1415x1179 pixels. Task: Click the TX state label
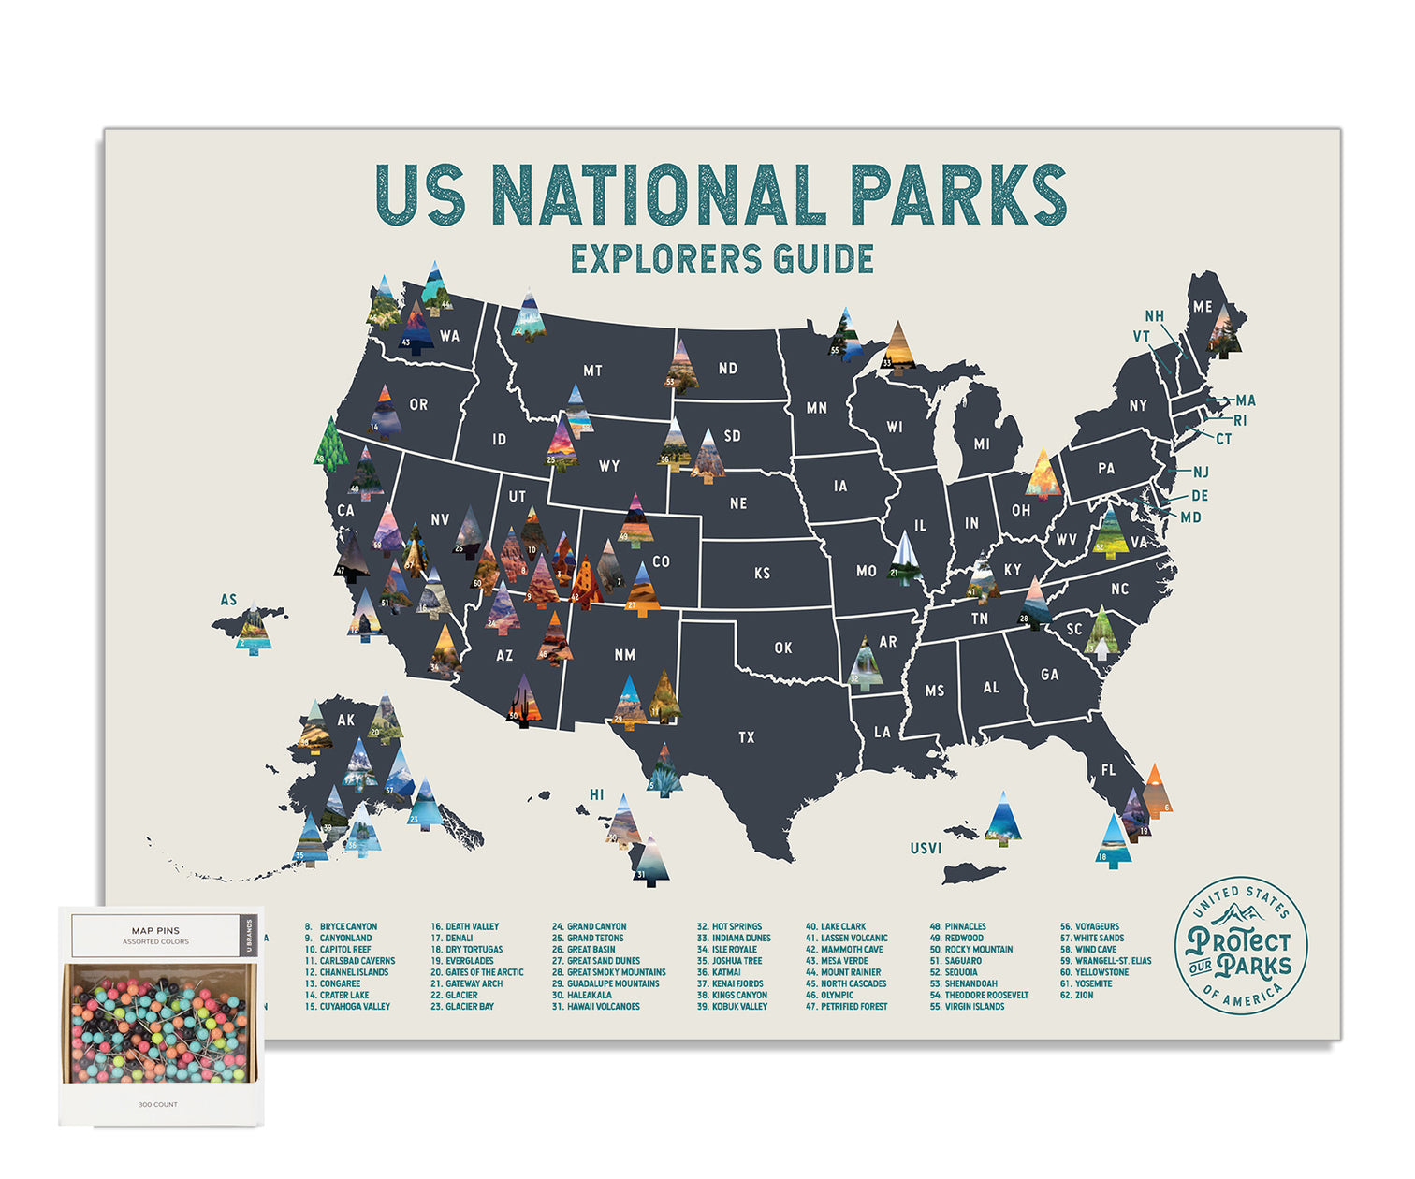pyautogui.click(x=746, y=737)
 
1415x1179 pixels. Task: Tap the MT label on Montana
pyautogui.click(x=592, y=371)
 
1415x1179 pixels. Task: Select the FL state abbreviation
pyautogui.click(x=1108, y=770)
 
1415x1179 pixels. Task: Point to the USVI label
pyautogui.click(x=926, y=849)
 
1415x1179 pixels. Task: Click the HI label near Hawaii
pyautogui.click(x=596, y=795)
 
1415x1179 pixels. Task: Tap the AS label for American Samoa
pyautogui.click(x=228, y=600)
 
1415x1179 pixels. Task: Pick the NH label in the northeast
pyautogui.click(x=1155, y=316)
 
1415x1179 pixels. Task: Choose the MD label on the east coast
pyautogui.click(x=1190, y=517)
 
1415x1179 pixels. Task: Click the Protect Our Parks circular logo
pyautogui.click(x=1240, y=945)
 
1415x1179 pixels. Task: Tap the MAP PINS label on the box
pyautogui.click(x=155, y=931)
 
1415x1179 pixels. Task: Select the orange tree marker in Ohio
pyautogui.click(x=1043, y=474)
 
